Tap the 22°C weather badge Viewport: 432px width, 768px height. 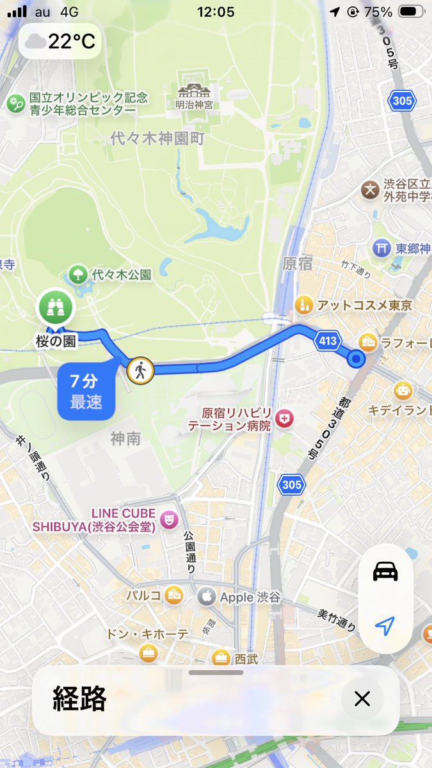[60, 42]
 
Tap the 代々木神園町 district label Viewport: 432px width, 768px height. [157, 138]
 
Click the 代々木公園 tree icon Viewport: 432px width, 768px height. [78, 275]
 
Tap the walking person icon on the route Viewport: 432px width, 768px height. [140, 370]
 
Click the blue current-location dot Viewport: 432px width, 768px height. [357, 360]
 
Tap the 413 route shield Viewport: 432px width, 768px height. [328, 342]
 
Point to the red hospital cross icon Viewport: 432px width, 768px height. [285, 419]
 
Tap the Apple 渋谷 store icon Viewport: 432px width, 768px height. [206, 596]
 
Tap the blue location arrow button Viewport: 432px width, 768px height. [385, 627]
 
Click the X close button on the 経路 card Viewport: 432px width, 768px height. [362, 699]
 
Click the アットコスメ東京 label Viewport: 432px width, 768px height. [365, 304]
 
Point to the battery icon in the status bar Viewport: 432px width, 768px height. [411, 12]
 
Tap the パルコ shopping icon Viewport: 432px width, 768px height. [173, 595]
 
